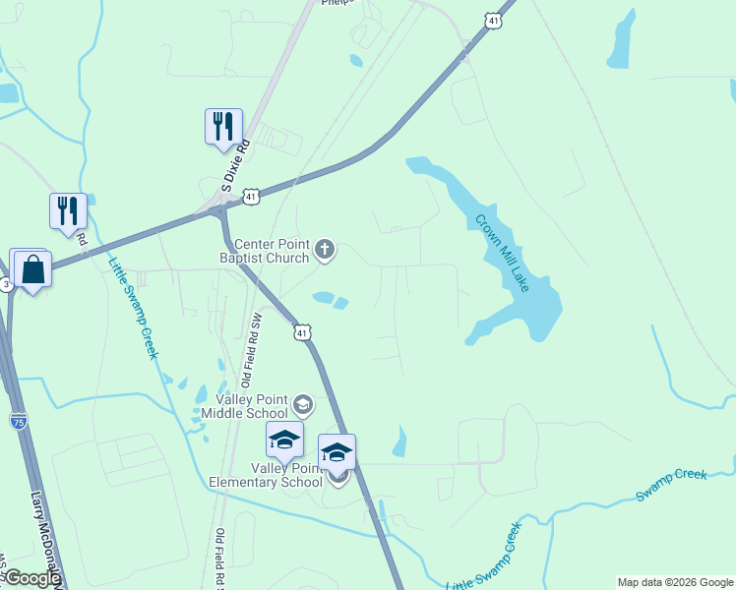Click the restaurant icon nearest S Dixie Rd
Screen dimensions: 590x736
(223, 126)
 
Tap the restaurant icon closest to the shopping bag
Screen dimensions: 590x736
(68, 210)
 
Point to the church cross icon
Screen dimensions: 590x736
(326, 251)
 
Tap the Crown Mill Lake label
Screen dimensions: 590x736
(504, 252)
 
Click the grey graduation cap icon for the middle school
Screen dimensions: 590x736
(303, 403)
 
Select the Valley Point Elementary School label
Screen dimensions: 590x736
(266, 474)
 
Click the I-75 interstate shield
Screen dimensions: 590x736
(19, 421)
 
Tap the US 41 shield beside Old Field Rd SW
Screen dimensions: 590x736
(302, 333)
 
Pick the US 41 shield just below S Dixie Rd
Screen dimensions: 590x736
(253, 197)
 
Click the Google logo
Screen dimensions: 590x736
(31, 578)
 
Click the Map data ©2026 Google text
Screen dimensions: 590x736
(675, 582)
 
